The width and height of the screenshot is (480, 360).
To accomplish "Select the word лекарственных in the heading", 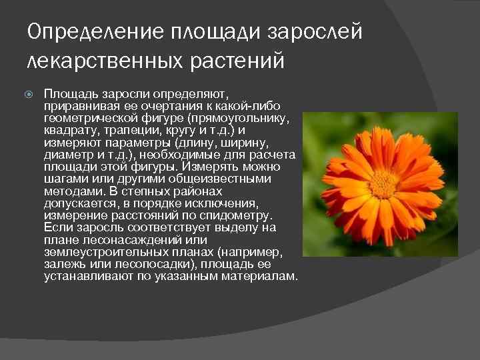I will point(99,61).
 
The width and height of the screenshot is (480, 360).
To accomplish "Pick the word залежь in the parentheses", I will point(63,264).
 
